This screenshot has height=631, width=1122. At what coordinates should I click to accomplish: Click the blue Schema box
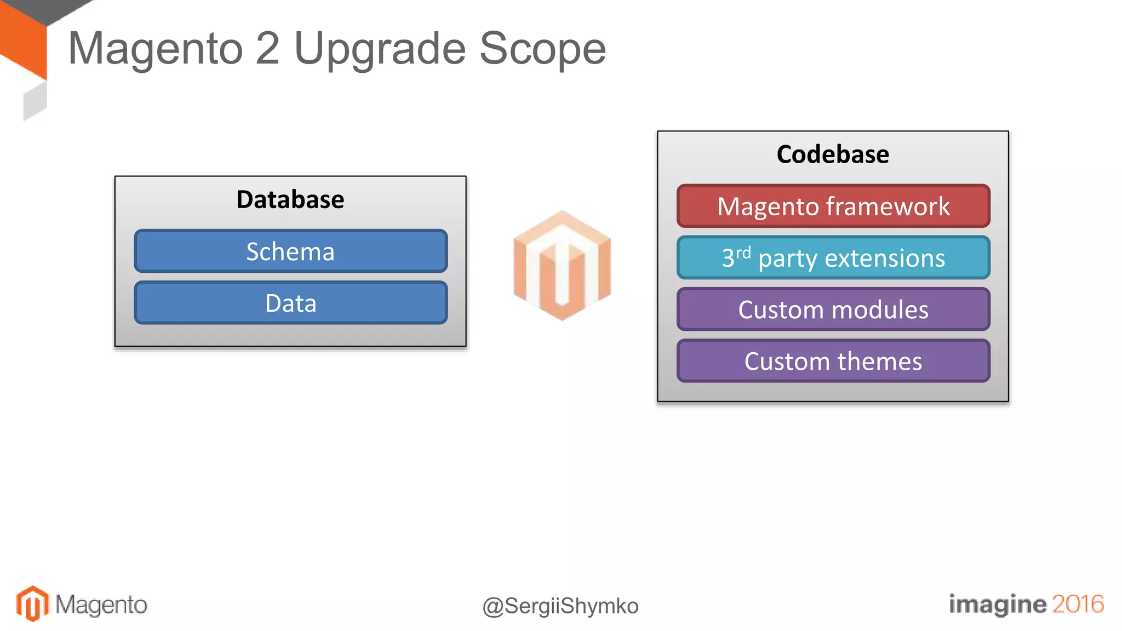[290, 251]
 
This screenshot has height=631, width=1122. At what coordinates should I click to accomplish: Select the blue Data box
[290, 303]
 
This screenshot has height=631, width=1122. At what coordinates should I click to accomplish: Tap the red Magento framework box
[833, 206]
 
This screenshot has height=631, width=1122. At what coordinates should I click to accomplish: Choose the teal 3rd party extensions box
[833, 258]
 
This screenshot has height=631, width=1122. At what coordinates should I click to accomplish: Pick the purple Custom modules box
[833, 309]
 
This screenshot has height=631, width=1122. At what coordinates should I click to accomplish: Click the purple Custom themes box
[833, 361]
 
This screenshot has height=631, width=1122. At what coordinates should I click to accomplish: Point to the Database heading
[290, 199]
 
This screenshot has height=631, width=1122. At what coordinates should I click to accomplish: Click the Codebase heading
[833, 154]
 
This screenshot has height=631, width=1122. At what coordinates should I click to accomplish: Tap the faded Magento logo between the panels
[562, 265]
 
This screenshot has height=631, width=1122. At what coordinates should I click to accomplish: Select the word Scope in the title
[542, 49]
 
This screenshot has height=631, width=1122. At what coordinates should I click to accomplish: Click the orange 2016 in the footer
[1078, 604]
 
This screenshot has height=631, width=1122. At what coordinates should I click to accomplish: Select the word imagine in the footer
[997, 605]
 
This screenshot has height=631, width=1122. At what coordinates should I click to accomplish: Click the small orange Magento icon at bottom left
[32, 604]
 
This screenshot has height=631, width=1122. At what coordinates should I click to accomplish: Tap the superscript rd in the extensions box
[743, 253]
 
